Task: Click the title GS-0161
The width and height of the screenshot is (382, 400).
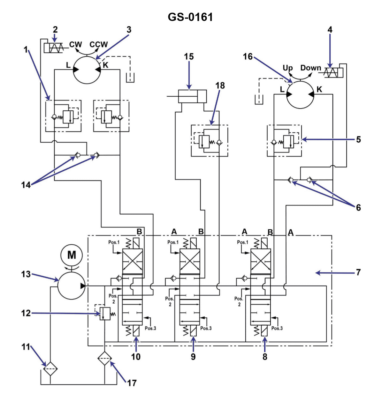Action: pos(190,17)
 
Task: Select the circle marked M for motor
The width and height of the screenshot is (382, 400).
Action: pos(72,255)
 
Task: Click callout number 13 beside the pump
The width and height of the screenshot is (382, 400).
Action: pos(26,274)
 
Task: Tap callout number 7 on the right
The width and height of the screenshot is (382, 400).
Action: pos(358,272)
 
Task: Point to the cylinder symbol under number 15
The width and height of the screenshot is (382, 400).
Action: pos(192,96)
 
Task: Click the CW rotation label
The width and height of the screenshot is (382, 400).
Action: pos(76,44)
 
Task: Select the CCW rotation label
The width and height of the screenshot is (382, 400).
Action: pos(99,44)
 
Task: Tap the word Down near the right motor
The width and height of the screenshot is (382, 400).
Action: pos(310,68)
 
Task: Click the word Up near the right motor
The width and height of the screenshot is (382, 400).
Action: pos(287,68)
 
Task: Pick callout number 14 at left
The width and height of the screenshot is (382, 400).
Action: pos(26,185)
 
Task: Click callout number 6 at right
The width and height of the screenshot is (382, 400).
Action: pos(358,207)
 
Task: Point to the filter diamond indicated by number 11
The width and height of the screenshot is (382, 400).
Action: pos(50,368)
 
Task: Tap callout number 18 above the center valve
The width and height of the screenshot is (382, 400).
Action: pos(220,85)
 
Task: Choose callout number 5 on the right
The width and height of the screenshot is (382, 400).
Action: pos(358,139)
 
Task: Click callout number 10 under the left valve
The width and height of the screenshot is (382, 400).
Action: pos(136,356)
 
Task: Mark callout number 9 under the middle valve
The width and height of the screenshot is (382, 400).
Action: pos(193,356)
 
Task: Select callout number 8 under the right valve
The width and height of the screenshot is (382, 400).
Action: pos(265,356)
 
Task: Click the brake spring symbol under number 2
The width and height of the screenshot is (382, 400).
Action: pos(55,48)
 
